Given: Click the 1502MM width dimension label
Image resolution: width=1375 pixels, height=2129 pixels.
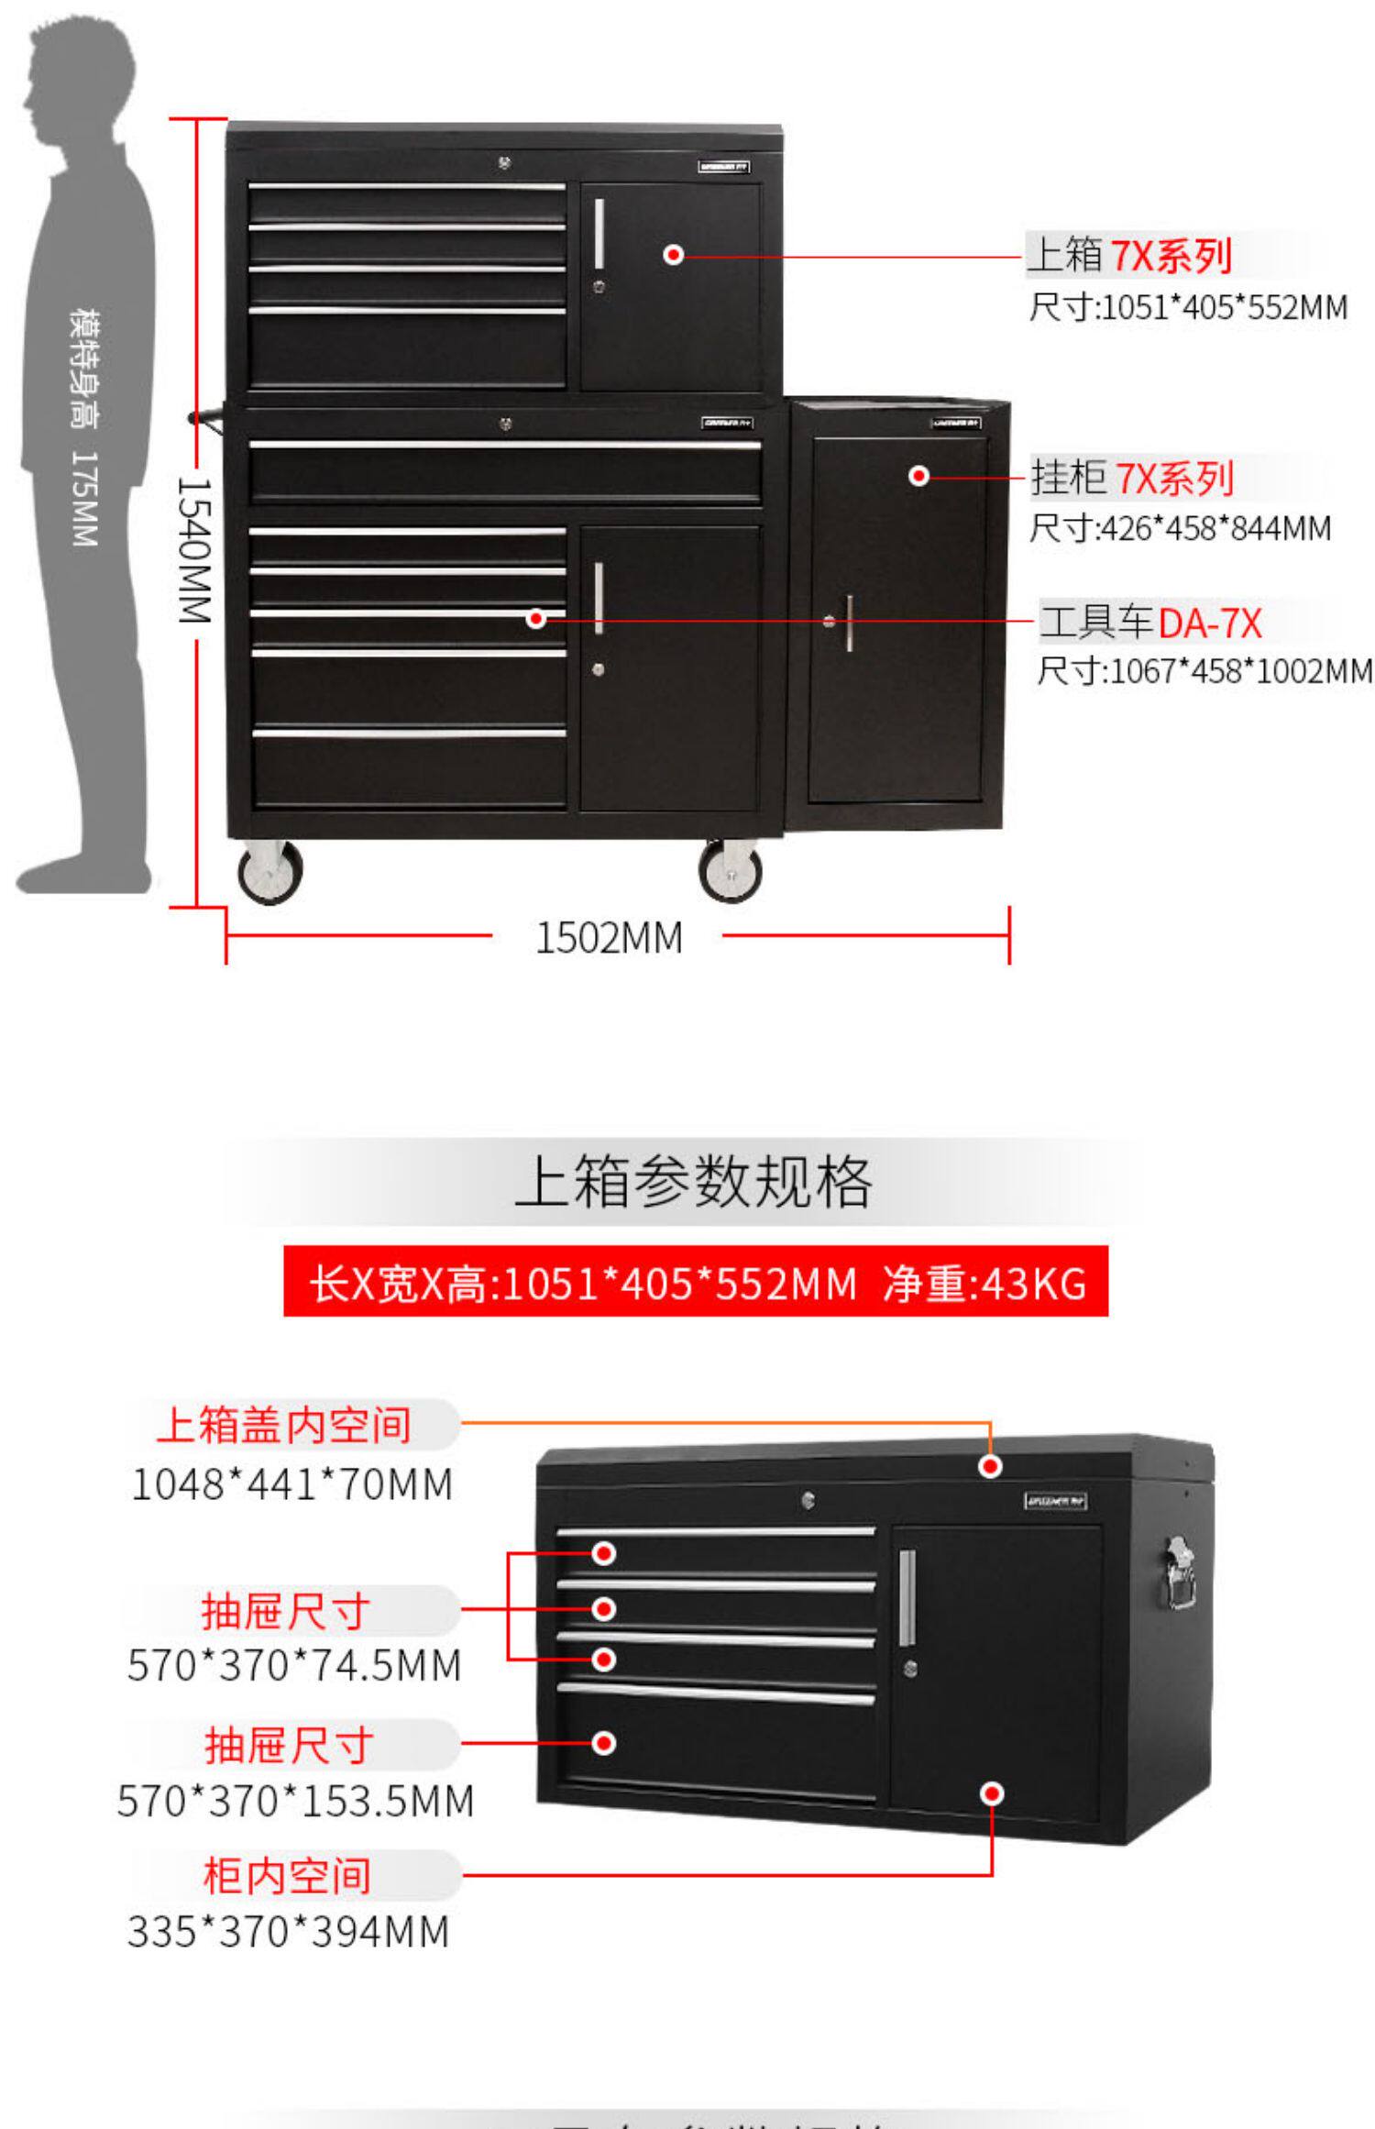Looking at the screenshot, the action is (608, 938).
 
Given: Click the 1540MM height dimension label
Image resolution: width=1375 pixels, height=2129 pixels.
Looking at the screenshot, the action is (194, 550).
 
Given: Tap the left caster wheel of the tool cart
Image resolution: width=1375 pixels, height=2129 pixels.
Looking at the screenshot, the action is (269, 872).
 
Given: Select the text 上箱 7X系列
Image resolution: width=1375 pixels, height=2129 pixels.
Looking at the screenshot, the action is (1128, 255).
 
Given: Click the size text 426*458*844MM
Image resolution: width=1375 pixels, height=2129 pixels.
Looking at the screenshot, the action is (1180, 528).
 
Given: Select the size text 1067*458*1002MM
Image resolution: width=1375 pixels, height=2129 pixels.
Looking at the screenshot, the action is (1204, 671).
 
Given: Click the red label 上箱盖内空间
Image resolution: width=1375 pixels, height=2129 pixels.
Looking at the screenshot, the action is (283, 1424).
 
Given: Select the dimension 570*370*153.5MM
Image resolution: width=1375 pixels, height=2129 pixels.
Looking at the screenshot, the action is (295, 1801).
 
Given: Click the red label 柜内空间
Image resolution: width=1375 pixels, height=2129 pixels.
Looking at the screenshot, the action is (287, 1876).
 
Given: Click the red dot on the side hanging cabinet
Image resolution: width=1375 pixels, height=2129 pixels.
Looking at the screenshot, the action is (918, 476).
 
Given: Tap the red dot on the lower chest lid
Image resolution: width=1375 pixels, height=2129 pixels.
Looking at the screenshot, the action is (990, 1466).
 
